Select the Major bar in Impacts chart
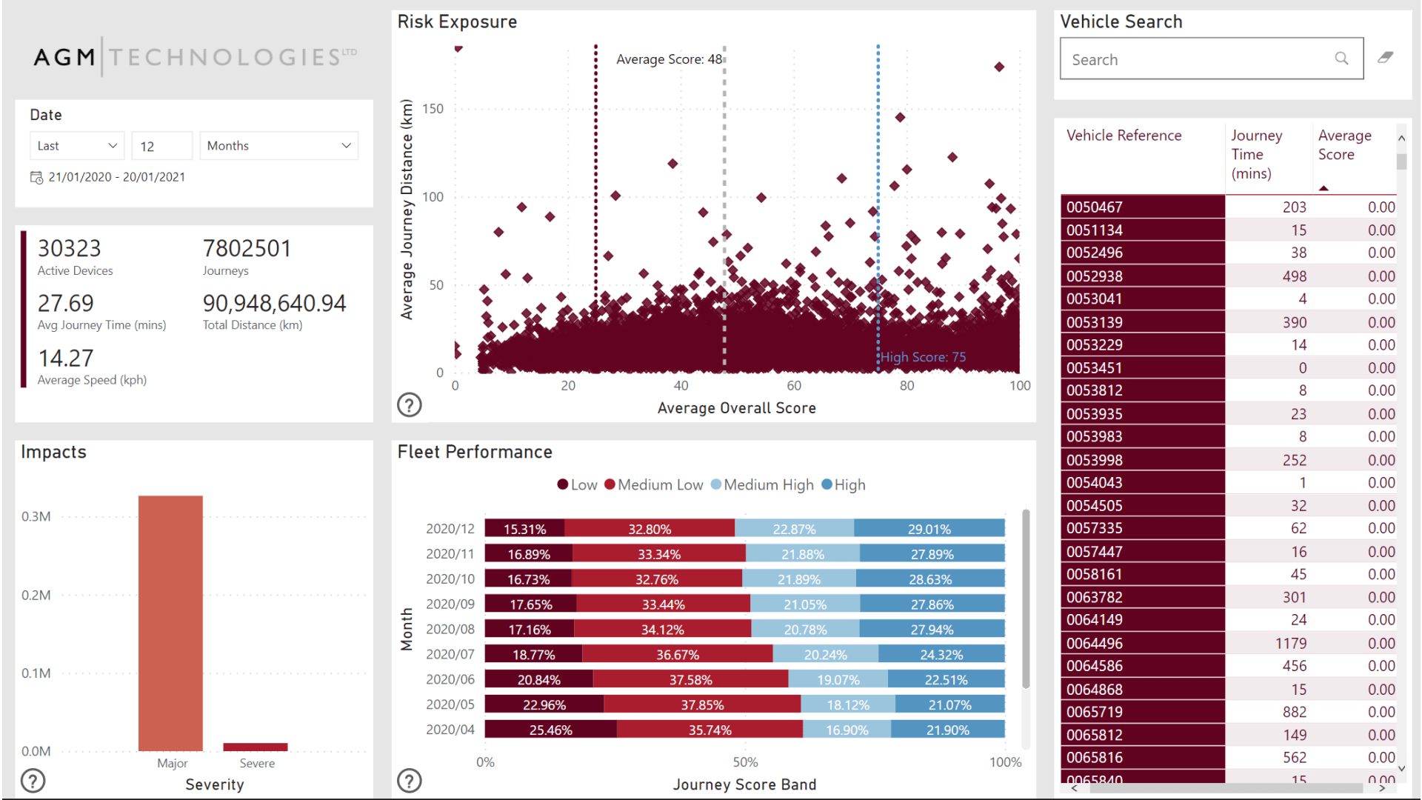click(170, 622)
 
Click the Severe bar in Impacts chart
click(256, 747)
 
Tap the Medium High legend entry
click(762, 485)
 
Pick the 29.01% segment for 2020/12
click(929, 529)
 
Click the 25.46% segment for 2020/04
click(550, 730)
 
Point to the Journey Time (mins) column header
click(1257, 154)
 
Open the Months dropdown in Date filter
click(278, 146)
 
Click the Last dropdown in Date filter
click(77, 146)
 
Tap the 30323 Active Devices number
click(69, 248)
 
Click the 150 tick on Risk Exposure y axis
click(433, 109)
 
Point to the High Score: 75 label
click(923, 357)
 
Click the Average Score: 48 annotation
click(669, 59)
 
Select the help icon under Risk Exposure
click(410, 404)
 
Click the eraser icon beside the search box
click(1385, 58)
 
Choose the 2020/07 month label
click(450, 654)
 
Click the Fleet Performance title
click(475, 452)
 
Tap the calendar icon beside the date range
click(36, 177)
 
